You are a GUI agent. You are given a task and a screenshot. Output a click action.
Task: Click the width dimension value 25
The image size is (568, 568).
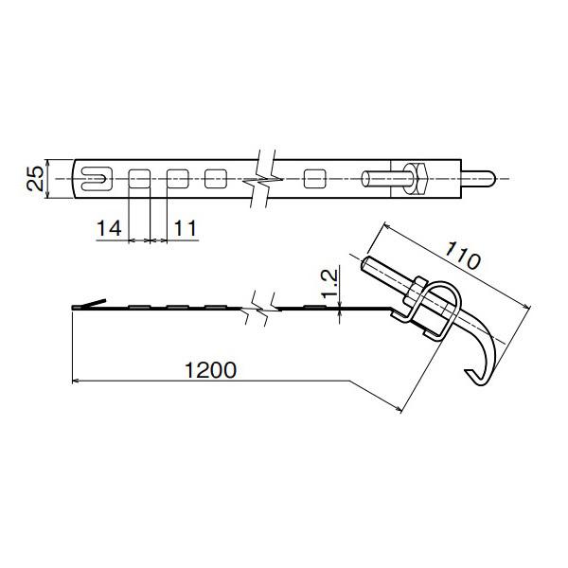(35, 177)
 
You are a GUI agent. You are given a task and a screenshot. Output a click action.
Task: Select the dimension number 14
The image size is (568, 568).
(109, 227)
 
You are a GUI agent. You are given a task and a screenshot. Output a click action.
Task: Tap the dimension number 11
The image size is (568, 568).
(186, 227)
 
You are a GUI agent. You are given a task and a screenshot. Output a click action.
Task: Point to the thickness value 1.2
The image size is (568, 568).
(328, 283)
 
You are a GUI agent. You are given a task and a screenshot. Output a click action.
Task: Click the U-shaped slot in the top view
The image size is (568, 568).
(94, 177)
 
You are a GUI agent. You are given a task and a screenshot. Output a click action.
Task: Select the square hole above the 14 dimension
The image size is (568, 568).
(139, 177)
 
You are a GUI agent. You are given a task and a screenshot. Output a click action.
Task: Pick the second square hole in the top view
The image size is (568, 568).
(177, 177)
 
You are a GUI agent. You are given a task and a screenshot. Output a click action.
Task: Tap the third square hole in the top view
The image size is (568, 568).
(215, 177)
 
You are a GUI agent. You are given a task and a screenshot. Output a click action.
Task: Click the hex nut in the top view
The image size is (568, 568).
(417, 177)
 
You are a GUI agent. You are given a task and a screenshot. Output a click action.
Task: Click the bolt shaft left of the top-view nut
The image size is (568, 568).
(382, 177)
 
